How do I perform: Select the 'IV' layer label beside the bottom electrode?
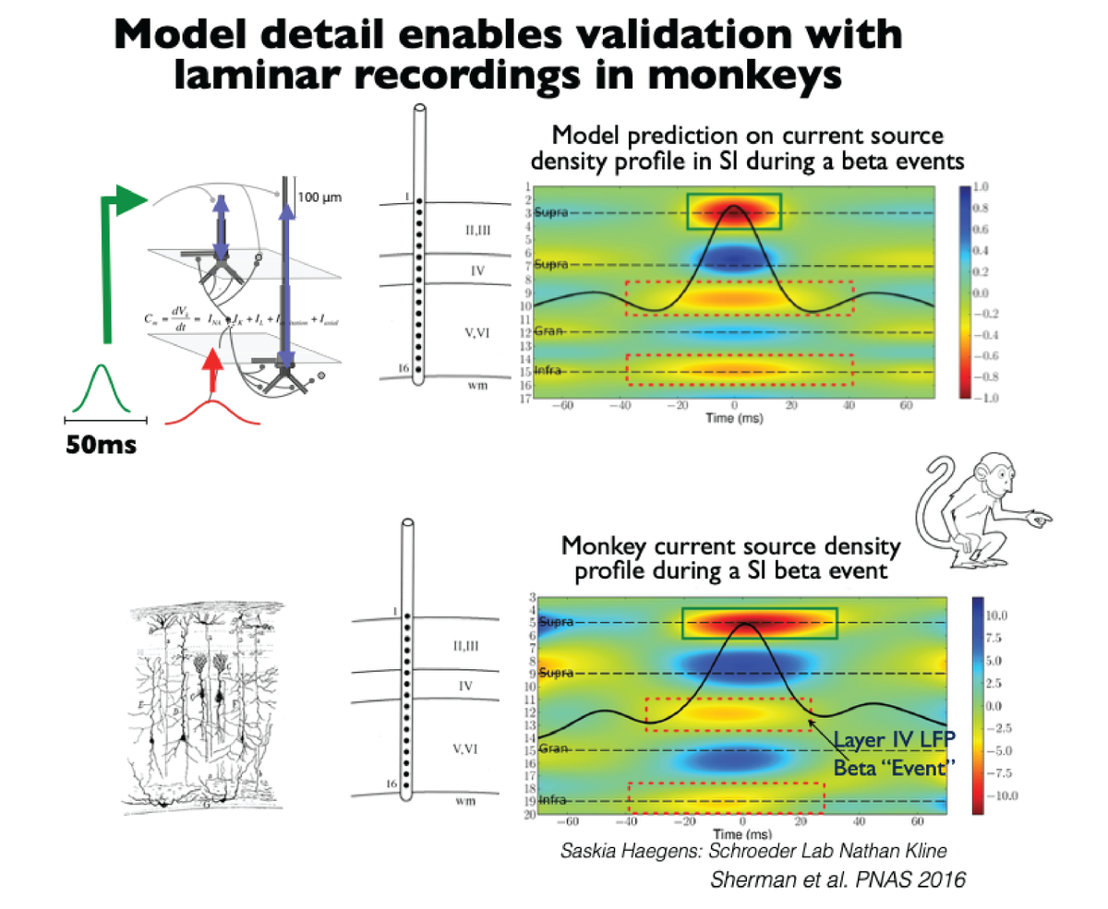coord(466,687)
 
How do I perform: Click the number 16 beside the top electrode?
coord(402,367)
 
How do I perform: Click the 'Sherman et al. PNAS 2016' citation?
coord(837,880)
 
